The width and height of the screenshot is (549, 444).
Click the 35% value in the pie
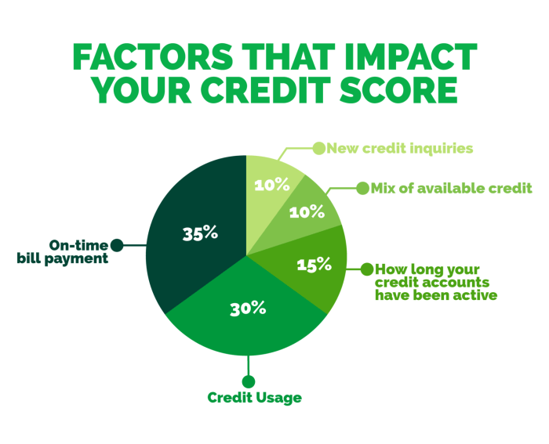click(x=200, y=233)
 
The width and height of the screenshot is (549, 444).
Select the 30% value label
click(x=249, y=308)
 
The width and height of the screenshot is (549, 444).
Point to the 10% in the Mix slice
click(x=307, y=211)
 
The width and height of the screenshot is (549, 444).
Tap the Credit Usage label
click(x=255, y=398)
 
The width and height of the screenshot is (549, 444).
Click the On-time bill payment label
click(x=63, y=251)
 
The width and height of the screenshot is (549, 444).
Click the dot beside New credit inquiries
click(x=319, y=147)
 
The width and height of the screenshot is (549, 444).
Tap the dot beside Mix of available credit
click(x=362, y=188)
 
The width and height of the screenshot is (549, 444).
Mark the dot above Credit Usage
click(x=249, y=381)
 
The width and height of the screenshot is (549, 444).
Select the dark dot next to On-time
click(x=117, y=244)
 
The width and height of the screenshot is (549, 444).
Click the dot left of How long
click(x=365, y=269)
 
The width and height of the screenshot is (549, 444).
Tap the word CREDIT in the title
click(x=276, y=91)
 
